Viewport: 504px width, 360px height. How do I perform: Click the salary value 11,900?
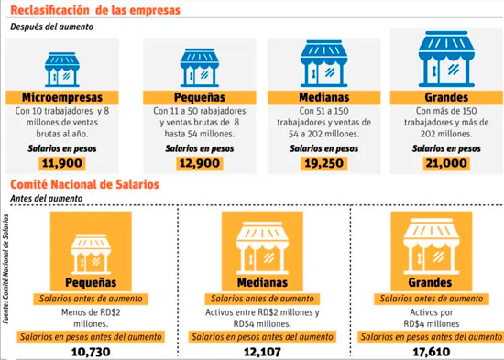coord(62,163)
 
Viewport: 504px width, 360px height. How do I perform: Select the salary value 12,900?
coord(200,163)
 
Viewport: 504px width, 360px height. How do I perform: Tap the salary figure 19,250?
coord(324,163)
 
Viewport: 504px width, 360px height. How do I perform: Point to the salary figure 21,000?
coord(446,163)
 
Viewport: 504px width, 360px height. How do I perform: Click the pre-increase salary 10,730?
coord(91,352)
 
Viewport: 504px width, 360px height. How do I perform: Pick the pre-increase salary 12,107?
coord(262,352)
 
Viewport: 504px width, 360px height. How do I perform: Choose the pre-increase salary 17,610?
coord(432,352)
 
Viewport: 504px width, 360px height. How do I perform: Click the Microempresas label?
coord(62,97)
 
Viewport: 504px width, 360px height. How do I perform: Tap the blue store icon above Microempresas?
coord(62,70)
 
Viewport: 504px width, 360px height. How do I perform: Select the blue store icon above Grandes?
coord(446,60)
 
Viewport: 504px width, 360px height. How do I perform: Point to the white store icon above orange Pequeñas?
coord(91,254)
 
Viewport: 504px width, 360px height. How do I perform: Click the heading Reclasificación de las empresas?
coord(95,10)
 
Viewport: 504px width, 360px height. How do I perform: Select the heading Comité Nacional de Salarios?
coord(85,184)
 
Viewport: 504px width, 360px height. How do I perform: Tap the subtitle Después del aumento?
coord(51,27)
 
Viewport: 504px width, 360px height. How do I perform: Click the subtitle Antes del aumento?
coord(47,199)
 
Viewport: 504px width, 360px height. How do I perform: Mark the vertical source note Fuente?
coord(5,269)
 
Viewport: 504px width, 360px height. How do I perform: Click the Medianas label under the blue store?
coord(324,97)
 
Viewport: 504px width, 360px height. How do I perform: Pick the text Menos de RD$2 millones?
coord(91,318)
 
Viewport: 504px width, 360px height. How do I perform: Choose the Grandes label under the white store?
coord(430,282)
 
